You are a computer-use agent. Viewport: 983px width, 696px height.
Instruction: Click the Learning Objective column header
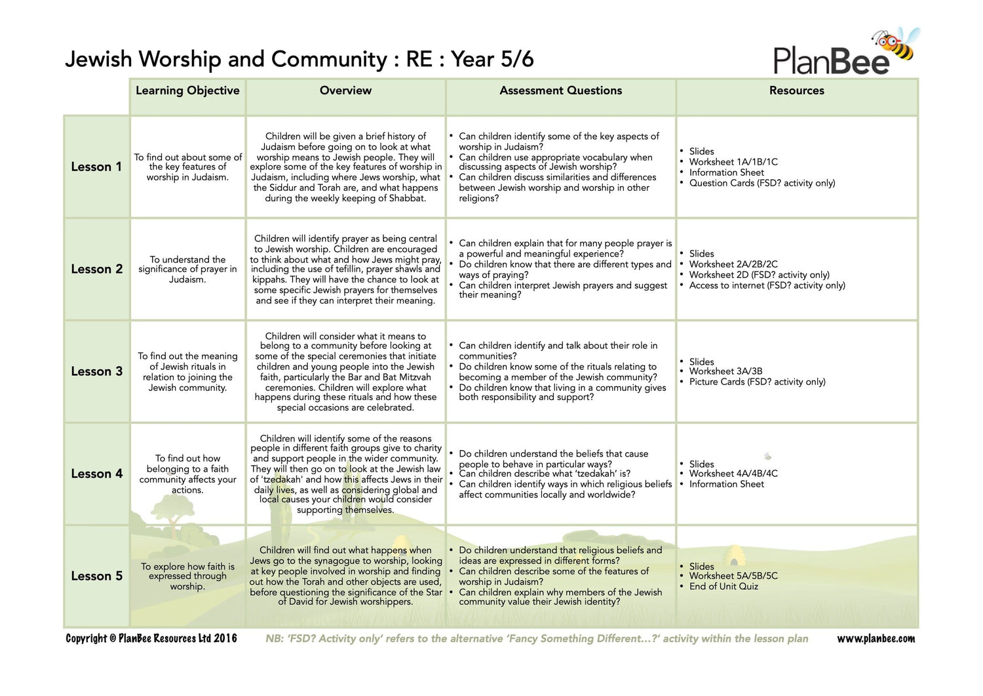187,91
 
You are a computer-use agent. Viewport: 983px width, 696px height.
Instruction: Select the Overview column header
345,91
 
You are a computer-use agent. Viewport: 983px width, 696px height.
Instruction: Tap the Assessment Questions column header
560,91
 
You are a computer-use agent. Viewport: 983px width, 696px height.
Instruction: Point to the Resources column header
796,91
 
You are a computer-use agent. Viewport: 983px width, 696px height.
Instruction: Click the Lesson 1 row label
96,167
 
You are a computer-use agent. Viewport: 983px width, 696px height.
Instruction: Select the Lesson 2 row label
96,269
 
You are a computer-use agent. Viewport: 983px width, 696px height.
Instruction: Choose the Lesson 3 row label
96,371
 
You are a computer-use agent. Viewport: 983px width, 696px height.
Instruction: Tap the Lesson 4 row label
96,474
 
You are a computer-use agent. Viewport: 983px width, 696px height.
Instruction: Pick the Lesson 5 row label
96,576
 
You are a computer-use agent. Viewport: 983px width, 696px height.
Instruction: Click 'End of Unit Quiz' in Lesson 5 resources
723,586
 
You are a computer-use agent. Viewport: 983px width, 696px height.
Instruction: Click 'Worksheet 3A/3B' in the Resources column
725,371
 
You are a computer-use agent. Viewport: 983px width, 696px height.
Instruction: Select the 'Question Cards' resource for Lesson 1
761,183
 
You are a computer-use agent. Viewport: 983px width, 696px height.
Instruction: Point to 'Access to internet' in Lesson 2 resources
767,285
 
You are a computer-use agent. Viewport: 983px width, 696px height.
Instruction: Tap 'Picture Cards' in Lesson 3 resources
757,382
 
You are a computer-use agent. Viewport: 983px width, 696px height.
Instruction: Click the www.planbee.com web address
876,638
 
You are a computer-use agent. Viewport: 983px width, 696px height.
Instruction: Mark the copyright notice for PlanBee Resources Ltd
151,638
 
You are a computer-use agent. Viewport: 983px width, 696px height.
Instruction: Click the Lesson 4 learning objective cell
187,474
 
